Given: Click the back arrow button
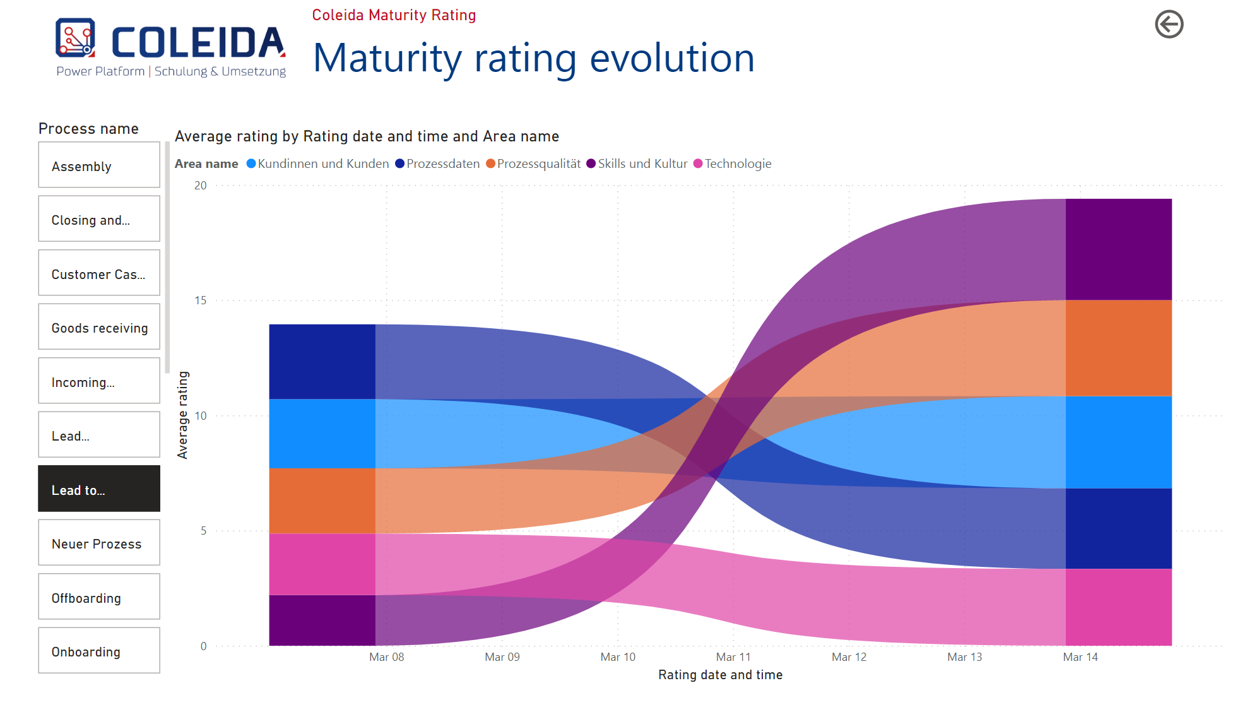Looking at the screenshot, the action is click(1169, 25).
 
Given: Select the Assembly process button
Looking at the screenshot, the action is click(99, 165).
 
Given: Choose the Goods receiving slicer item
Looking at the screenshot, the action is click(99, 326).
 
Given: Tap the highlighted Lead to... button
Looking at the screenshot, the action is click(99, 489).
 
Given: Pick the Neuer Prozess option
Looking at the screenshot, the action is click(99, 542).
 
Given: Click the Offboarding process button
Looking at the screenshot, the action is click(99, 596).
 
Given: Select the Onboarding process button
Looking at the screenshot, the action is click(99, 650).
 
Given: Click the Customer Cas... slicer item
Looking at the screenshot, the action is click(99, 273).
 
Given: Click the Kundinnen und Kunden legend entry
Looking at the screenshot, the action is click(317, 163).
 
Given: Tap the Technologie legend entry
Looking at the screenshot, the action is click(732, 163).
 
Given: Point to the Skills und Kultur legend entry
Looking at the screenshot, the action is click(637, 163).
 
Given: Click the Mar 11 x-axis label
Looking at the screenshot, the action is click(733, 657).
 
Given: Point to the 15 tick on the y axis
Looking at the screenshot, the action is click(201, 300).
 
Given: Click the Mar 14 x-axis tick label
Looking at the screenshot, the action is click(1080, 657).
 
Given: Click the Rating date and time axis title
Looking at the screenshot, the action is click(720, 675).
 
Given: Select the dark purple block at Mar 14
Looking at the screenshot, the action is click(1119, 249).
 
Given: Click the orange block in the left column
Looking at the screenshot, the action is click(322, 501).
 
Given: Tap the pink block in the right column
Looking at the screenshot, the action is click(1119, 607).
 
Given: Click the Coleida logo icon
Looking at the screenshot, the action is click(76, 38).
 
